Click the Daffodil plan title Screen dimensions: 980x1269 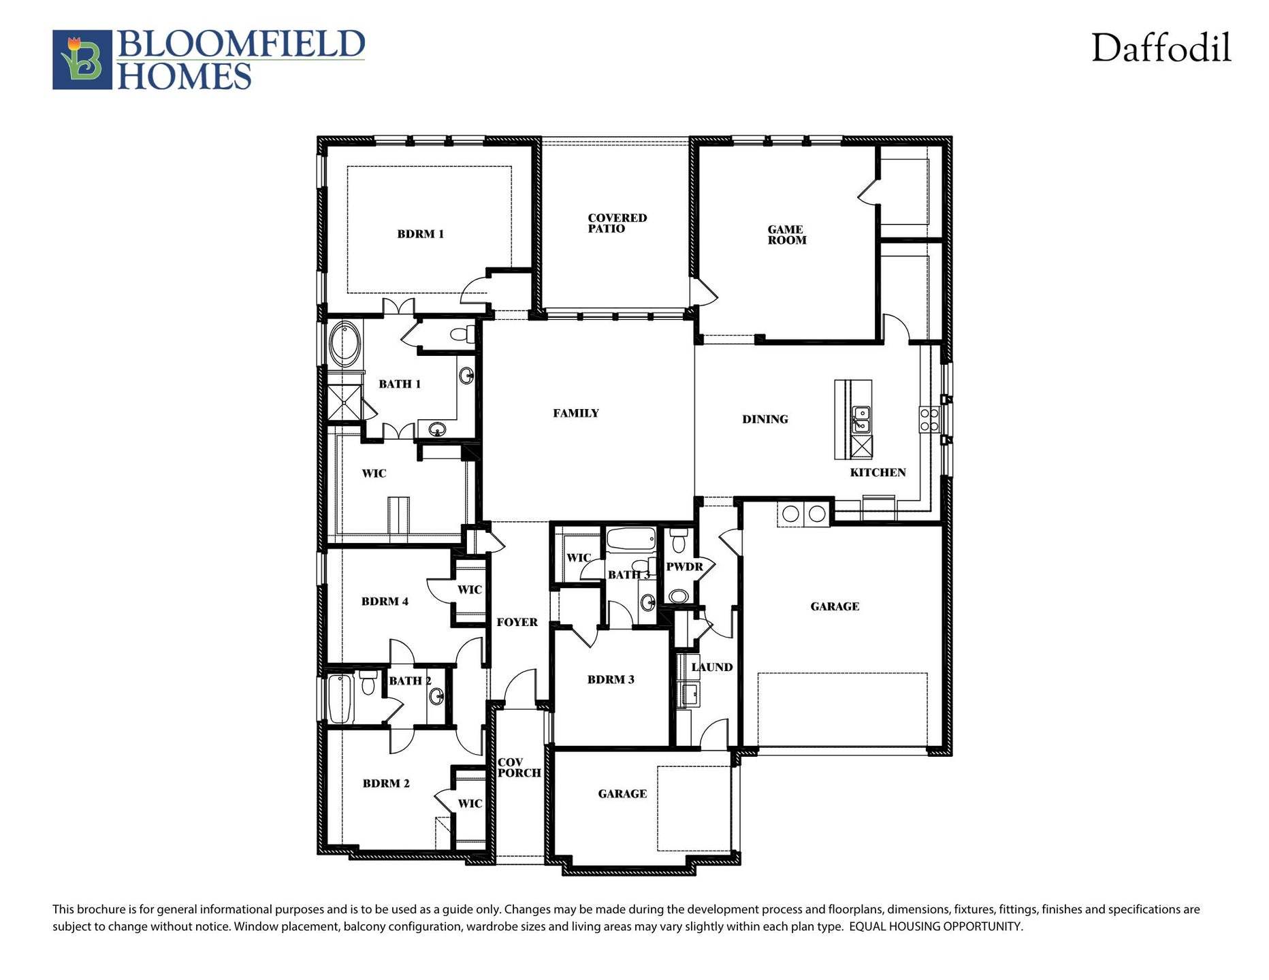pos(1161,48)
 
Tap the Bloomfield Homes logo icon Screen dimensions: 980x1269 pos(82,60)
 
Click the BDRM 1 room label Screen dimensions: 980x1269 pos(420,234)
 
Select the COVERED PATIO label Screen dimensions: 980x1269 pos(617,223)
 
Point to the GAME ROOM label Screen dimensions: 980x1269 pos(786,235)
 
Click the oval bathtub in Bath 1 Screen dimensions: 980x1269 pos(345,344)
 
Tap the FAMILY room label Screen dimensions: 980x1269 pos(575,413)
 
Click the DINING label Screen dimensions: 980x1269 pos(765,419)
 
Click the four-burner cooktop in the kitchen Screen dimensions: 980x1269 pos(929,419)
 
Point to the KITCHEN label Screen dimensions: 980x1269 pos(878,472)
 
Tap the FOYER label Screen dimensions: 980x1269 pos(517,622)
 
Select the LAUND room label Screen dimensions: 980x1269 pos(711,667)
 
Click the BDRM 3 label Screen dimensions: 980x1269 pos(611,679)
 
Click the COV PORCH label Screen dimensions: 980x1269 pos(519,768)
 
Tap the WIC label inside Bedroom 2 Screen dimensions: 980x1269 pos(470,804)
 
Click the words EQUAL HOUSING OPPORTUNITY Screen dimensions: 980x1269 pos(935,926)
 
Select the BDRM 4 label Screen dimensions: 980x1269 pos(385,602)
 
